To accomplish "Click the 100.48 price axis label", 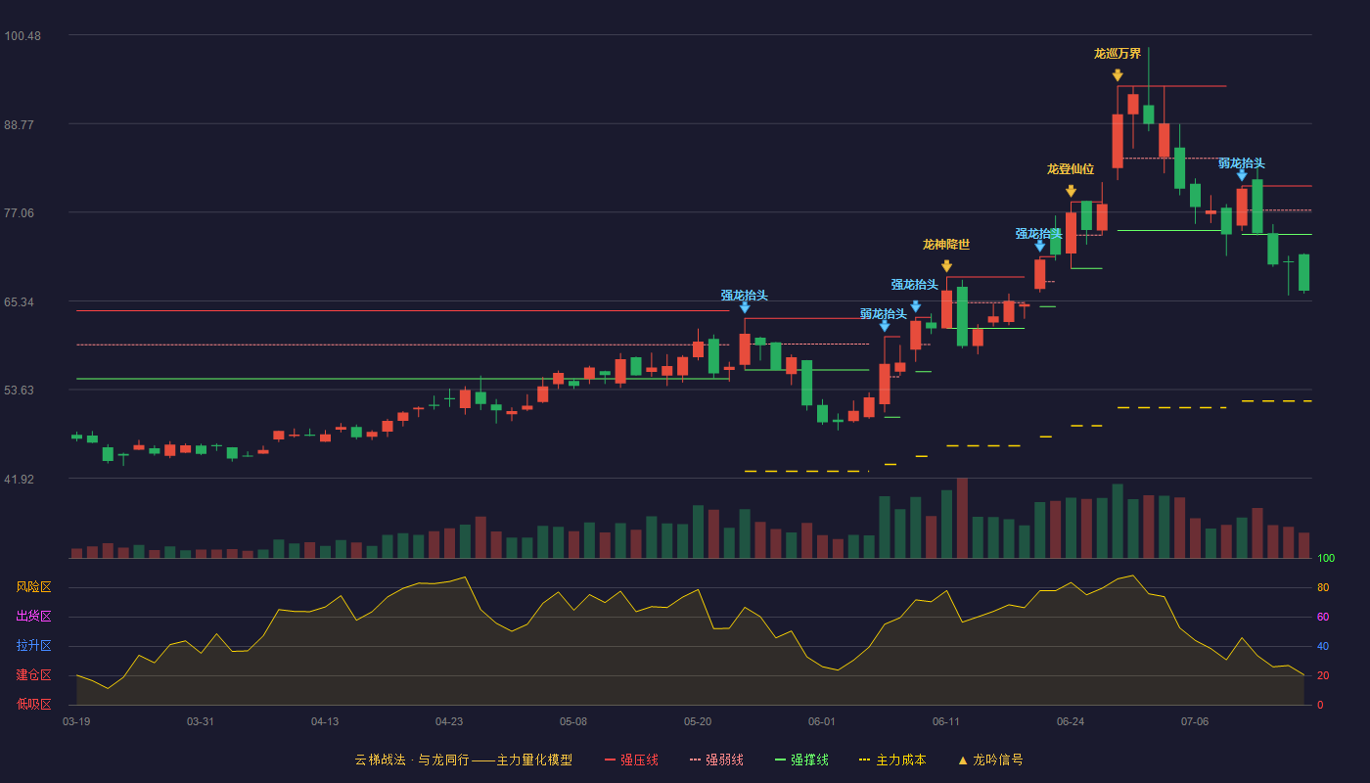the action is pos(23,36).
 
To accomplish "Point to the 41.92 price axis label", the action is pos(19,479).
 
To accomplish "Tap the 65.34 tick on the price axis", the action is pos(19,302).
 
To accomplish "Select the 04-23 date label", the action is pos(449,722).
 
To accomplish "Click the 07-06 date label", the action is pos(1195,722).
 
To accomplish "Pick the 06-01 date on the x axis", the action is pos(821,722).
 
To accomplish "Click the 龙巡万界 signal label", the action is pos(1118,54).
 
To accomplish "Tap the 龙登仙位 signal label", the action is pos(1071,168).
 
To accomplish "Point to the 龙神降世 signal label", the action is pos(946,245).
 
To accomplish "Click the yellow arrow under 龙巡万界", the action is pos(1118,75).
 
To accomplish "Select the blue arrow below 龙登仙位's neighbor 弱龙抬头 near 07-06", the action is pos(1242,176).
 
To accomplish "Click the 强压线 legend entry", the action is pos(631,760).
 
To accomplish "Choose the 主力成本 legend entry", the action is pos(892,760).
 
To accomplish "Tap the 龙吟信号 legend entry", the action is pos(990,760).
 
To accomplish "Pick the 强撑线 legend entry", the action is pos(801,760).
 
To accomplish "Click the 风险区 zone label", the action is pos(33,586).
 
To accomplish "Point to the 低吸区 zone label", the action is pos(33,704).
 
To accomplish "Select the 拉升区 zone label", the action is pos(33,645).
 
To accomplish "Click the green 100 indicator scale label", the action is pos(1326,558).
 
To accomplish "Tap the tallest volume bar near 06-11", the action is pos(962,518).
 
